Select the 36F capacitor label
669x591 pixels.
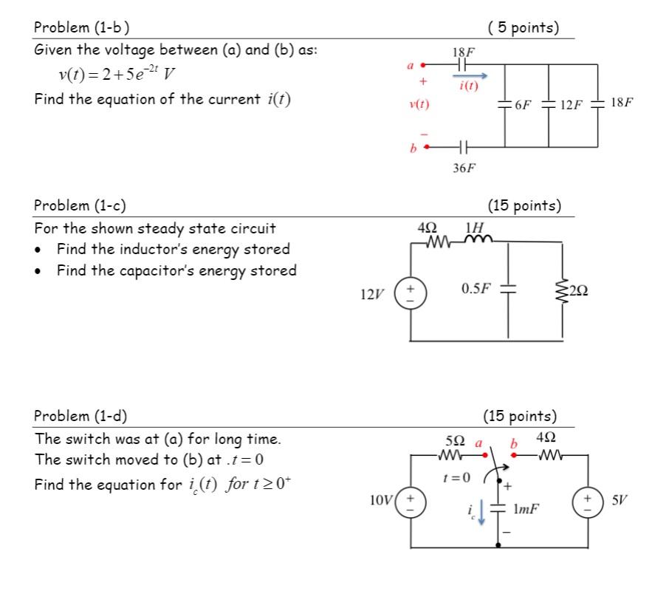tap(464, 168)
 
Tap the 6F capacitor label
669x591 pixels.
tap(523, 105)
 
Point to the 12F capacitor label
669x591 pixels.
tap(572, 105)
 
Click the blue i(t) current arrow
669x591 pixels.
tap(470, 75)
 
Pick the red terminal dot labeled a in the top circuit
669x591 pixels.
tap(423, 65)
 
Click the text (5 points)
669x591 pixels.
tap(524, 28)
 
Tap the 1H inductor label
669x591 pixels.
tap(475, 227)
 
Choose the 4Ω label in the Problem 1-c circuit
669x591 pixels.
tap(428, 227)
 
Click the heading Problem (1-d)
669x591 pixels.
tap(82, 416)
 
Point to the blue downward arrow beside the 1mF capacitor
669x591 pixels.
tap(482, 513)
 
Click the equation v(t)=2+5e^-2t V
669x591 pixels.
tap(117, 75)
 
